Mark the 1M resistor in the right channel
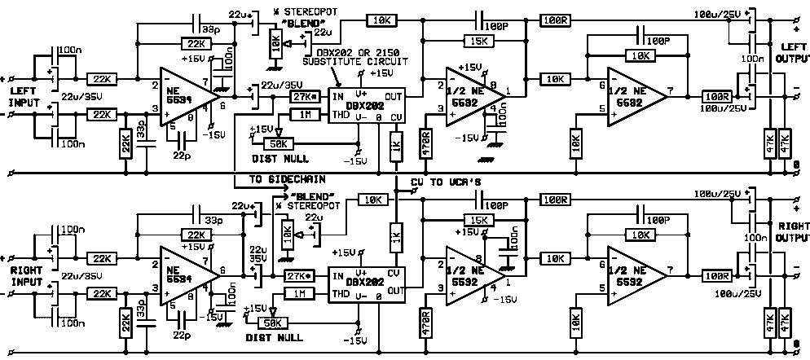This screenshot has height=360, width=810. point(300,292)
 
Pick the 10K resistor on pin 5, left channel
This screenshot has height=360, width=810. point(576,144)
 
